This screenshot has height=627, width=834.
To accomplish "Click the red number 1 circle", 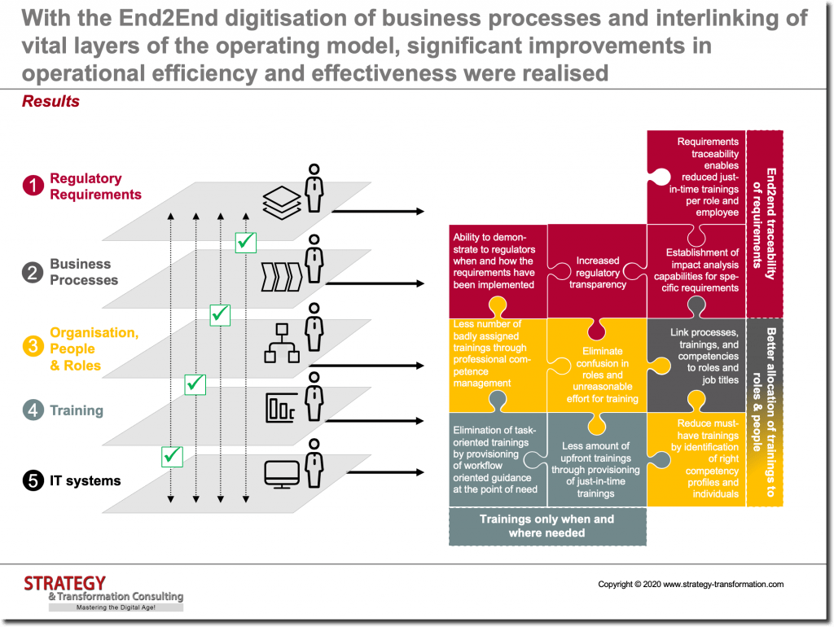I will click(33, 186).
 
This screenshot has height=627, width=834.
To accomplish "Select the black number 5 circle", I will click(33, 481).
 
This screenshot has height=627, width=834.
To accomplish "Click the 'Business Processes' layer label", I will click(83, 272).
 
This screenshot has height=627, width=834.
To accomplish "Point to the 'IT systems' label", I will click(85, 481).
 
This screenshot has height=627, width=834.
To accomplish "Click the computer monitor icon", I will click(281, 475).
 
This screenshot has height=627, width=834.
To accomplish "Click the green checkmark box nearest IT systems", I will click(172, 456).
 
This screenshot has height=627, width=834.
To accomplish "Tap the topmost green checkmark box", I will click(245, 242).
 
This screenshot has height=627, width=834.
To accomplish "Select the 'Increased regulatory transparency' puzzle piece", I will click(597, 273).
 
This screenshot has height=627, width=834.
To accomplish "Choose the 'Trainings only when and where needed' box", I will click(546, 526).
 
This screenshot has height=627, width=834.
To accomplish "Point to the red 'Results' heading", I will click(50, 102).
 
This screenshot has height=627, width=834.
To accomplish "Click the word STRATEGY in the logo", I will click(64, 583).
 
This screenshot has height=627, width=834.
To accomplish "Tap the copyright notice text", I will click(691, 584).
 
